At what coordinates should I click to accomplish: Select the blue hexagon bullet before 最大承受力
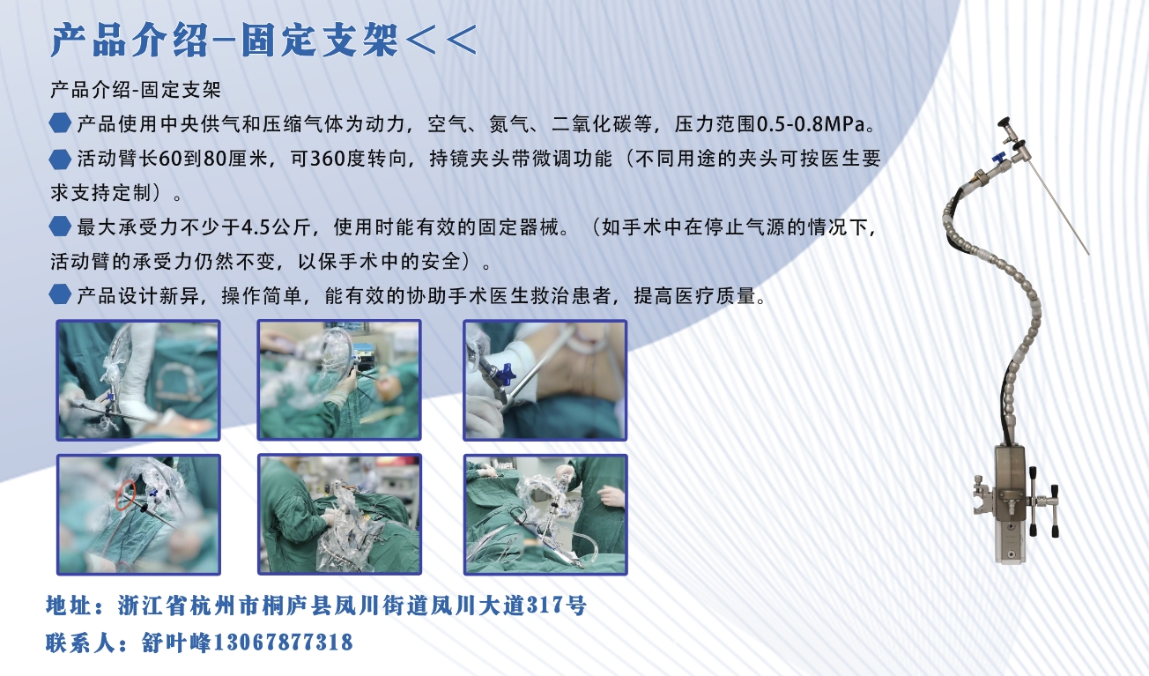(61, 227)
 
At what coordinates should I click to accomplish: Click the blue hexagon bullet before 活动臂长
(61, 159)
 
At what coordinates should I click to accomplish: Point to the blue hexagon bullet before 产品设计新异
(61, 294)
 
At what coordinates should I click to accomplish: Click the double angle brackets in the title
(441, 40)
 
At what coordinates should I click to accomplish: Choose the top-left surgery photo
(138, 380)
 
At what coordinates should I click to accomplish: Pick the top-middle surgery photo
(339, 380)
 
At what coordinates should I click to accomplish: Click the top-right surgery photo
(545, 380)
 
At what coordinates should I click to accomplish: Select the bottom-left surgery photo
(138, 514)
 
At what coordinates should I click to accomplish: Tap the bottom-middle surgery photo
(339, 514)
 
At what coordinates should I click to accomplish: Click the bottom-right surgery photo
(545, 514)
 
